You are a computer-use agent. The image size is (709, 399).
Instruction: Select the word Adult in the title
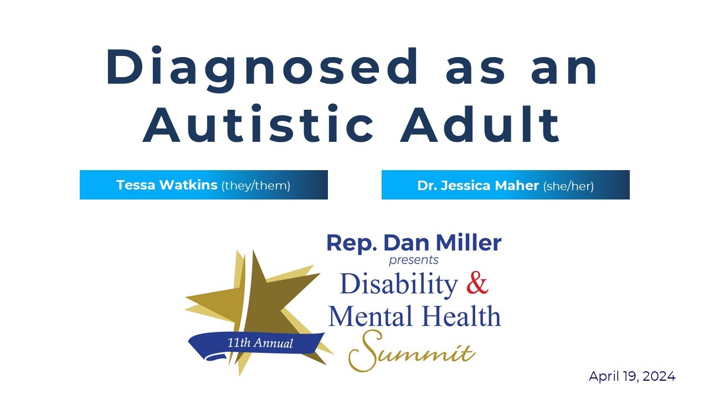pyautogui.click(x=481, y=124)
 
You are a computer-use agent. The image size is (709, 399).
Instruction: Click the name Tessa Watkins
pyautogui.click(x=167, y=185)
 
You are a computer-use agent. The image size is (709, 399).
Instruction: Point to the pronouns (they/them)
pyautogui.click(x=256, y=186)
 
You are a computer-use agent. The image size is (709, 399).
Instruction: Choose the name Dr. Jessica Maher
pyautogui.click(x=478, y=186)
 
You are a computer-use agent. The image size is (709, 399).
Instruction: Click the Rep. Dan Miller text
pyautogui.click(x=414, y=243)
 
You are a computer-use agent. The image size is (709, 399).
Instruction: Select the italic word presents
pyautogui.click(x=413, y=259)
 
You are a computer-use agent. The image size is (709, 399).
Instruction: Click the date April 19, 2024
pyautogui.click(x=632, y=377)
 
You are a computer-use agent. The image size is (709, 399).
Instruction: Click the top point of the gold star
pyautogui.click(x=253, y=252)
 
